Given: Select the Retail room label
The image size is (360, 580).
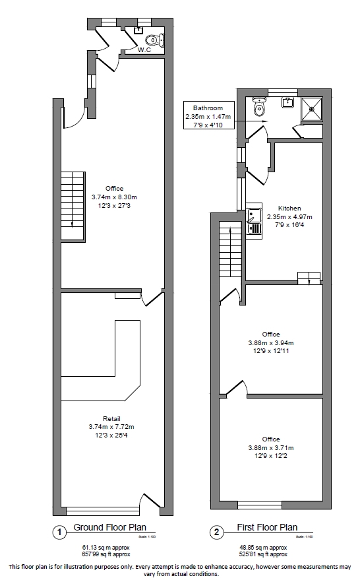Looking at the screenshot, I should coord(111,418).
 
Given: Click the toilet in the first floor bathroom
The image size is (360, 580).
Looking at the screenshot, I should coord(259,107).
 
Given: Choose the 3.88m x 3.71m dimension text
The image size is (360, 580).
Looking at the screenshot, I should coord(271,448).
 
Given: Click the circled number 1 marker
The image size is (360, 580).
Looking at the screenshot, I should coord(59,531).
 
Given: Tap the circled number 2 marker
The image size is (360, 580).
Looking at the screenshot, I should coord(216,531).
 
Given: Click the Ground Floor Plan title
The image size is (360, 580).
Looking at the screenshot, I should coord(109,528).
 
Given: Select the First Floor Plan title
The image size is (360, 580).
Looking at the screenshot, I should coord(267,528).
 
